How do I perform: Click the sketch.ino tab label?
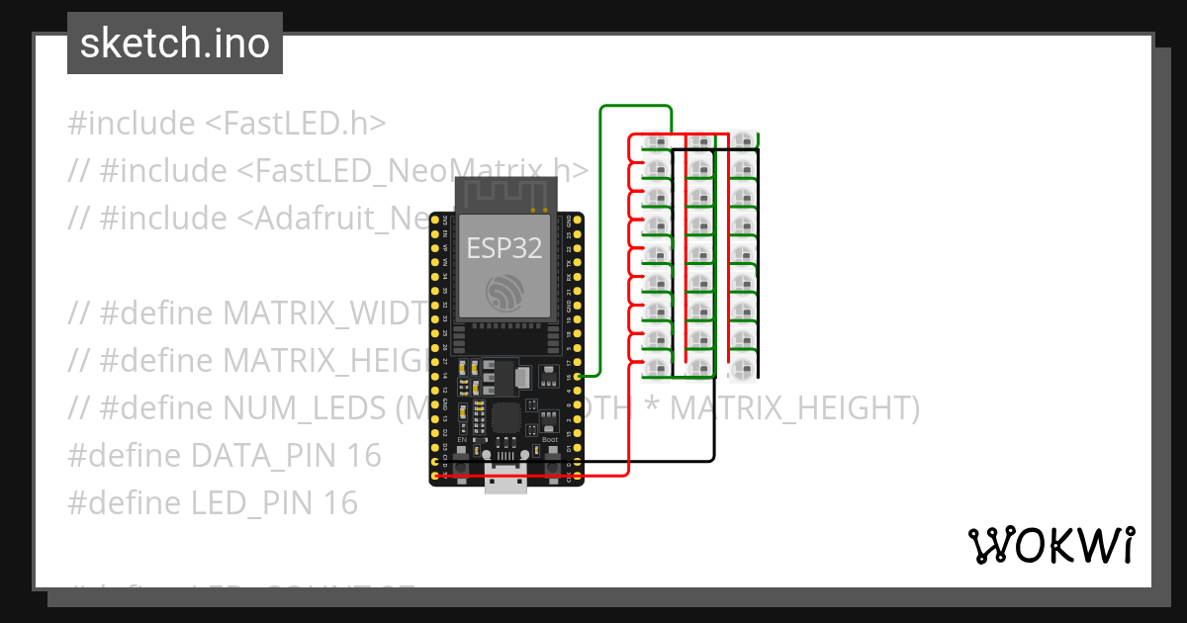(x=175, y=44)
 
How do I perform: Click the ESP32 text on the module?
(x=504, y=248)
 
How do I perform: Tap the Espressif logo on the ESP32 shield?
(x=504, y=292)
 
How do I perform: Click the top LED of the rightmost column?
(x=743, y=139)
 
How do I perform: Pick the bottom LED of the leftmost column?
(x=657, y=369)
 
